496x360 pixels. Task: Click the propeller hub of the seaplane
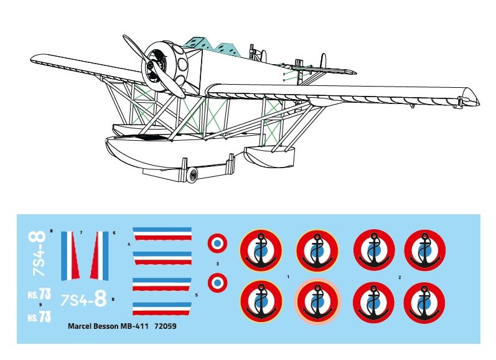pos(151,67)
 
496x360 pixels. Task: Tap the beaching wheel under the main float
pos(192,175)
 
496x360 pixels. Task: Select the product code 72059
pos(166,326)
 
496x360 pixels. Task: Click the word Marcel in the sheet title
pos(80,326)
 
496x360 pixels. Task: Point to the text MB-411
pos(134,326)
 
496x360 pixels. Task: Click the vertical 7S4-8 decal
pos(38,254)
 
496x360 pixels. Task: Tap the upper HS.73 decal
pos(39,294)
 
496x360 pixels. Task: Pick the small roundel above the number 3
pos(217,243)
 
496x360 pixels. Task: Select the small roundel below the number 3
pos(217,283)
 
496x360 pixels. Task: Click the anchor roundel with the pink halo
pos(317,301)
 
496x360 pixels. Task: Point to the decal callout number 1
pos(288,277)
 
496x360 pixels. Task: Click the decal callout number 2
pos(400,277)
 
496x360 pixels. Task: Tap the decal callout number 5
pos(197,295)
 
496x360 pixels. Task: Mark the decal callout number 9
pos(40,305)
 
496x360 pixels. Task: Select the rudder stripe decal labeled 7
pos(70,256)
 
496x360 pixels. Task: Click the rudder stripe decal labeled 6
pos(100,256)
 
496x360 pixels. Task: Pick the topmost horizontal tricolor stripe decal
pos(162,234)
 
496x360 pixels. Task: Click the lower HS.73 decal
pos(39,316)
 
